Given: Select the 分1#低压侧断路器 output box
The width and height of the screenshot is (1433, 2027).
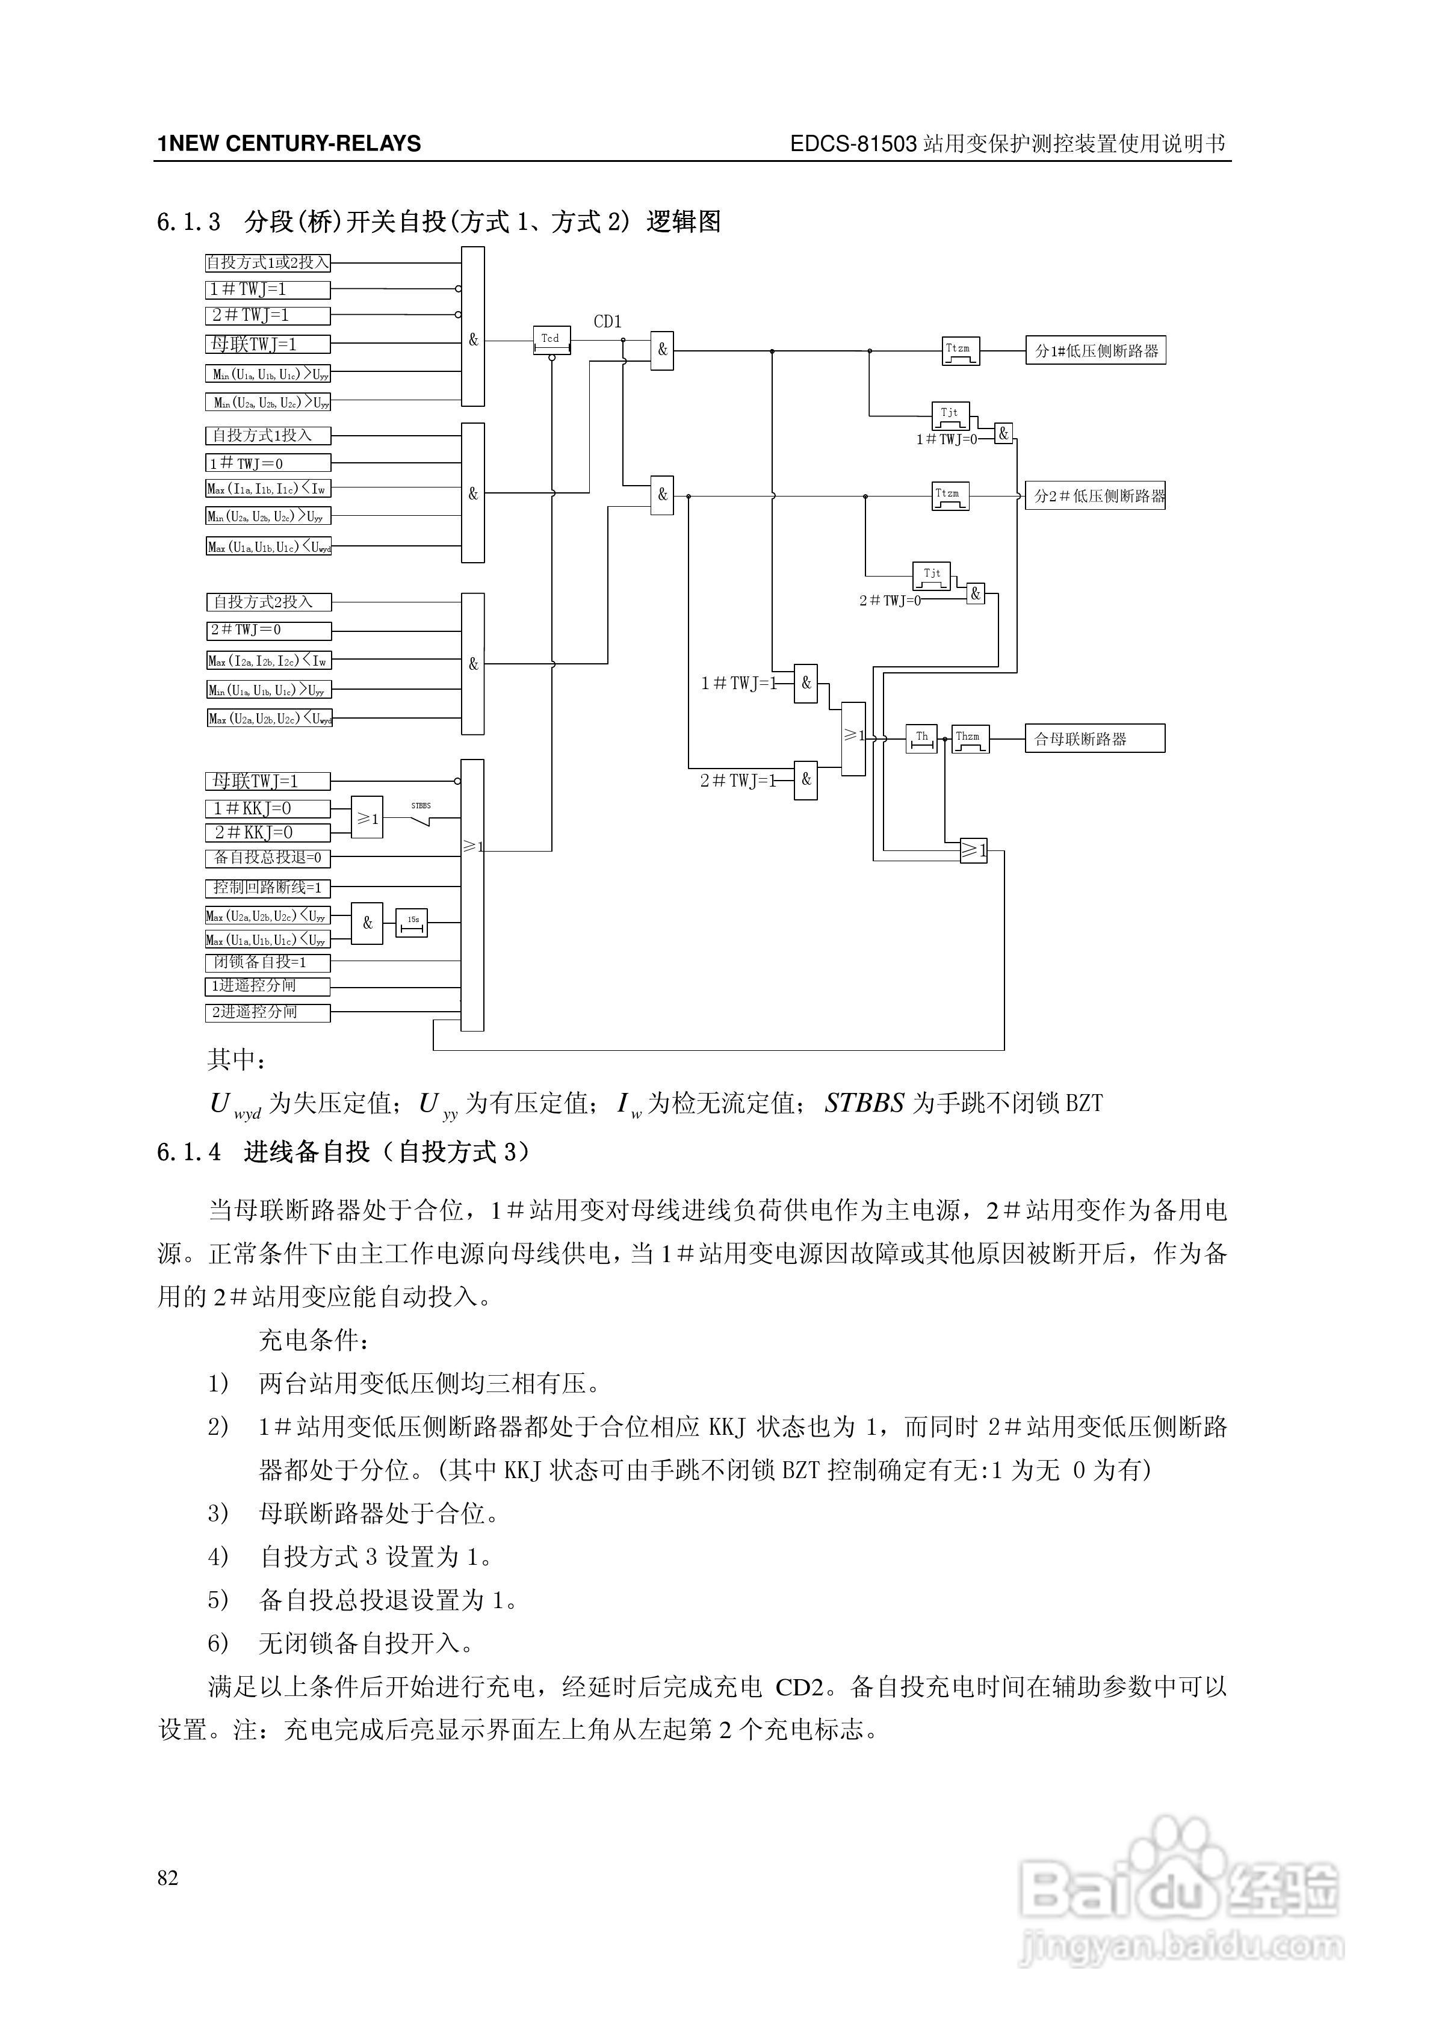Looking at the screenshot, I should pos(1095,350).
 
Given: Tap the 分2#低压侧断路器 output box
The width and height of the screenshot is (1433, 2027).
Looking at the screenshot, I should pos(1095,495).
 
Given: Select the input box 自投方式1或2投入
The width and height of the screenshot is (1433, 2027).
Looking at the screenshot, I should pos(268,263).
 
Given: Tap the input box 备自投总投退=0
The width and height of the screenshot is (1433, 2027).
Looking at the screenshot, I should pos(268,857).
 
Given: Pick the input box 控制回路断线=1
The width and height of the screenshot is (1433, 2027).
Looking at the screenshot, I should pos(268,887).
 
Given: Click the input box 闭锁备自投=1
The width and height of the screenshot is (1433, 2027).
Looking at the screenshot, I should pos(268,962).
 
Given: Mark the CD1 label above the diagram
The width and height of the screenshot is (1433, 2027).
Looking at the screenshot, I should pos(607,322).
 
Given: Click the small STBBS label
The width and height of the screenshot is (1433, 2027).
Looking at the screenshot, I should pos(421,805).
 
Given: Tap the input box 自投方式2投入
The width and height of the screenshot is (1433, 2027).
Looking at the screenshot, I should pos(268,602).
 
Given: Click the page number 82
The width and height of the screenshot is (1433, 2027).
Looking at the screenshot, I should pos(168,1878).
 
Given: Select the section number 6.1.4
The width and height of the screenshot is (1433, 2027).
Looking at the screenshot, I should pos(188,1152).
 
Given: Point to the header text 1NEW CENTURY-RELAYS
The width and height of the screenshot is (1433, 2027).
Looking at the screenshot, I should pos(289,144).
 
